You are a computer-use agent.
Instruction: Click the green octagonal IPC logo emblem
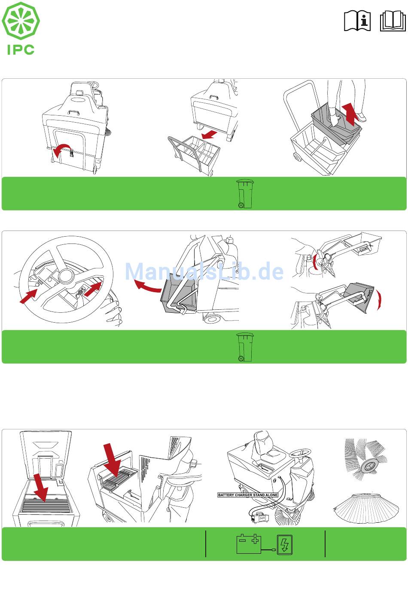(21, 21)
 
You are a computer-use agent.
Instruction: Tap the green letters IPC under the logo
(21, 50)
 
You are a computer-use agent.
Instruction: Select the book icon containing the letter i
(357, 21)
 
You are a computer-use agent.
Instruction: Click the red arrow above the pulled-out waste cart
(209, 135)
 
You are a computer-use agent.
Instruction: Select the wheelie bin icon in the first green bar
(245, 194)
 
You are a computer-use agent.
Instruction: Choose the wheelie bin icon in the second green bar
(245, 347)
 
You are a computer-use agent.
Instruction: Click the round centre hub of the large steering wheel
(67, 275)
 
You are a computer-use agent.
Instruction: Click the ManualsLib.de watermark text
(204, 271)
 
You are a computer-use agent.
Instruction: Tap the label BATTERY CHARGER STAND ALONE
(247, 495)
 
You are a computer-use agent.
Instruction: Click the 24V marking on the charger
(262, 518)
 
